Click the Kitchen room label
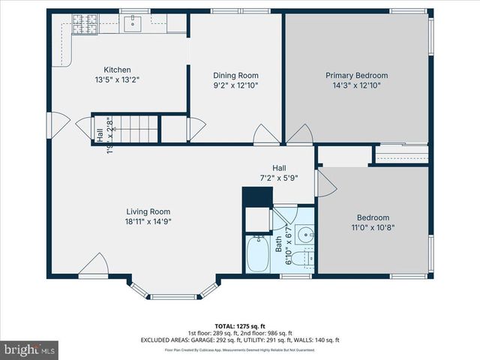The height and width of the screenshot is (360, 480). click(118, 70)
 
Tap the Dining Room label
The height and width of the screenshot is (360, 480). click(235, 76)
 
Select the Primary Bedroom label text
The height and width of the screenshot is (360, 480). click(356, 76)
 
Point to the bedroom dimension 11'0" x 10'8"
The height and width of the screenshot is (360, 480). click(373, 227)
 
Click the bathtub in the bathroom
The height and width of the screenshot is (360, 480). click(259, 254)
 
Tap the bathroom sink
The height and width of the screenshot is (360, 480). click(304, 235)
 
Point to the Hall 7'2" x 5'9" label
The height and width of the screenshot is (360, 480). click(278, 173)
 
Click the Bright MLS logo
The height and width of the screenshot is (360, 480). click(30, 349)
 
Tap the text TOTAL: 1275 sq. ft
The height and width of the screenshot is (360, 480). click(239, 326)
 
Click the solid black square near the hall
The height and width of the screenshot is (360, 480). click(255, 196)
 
